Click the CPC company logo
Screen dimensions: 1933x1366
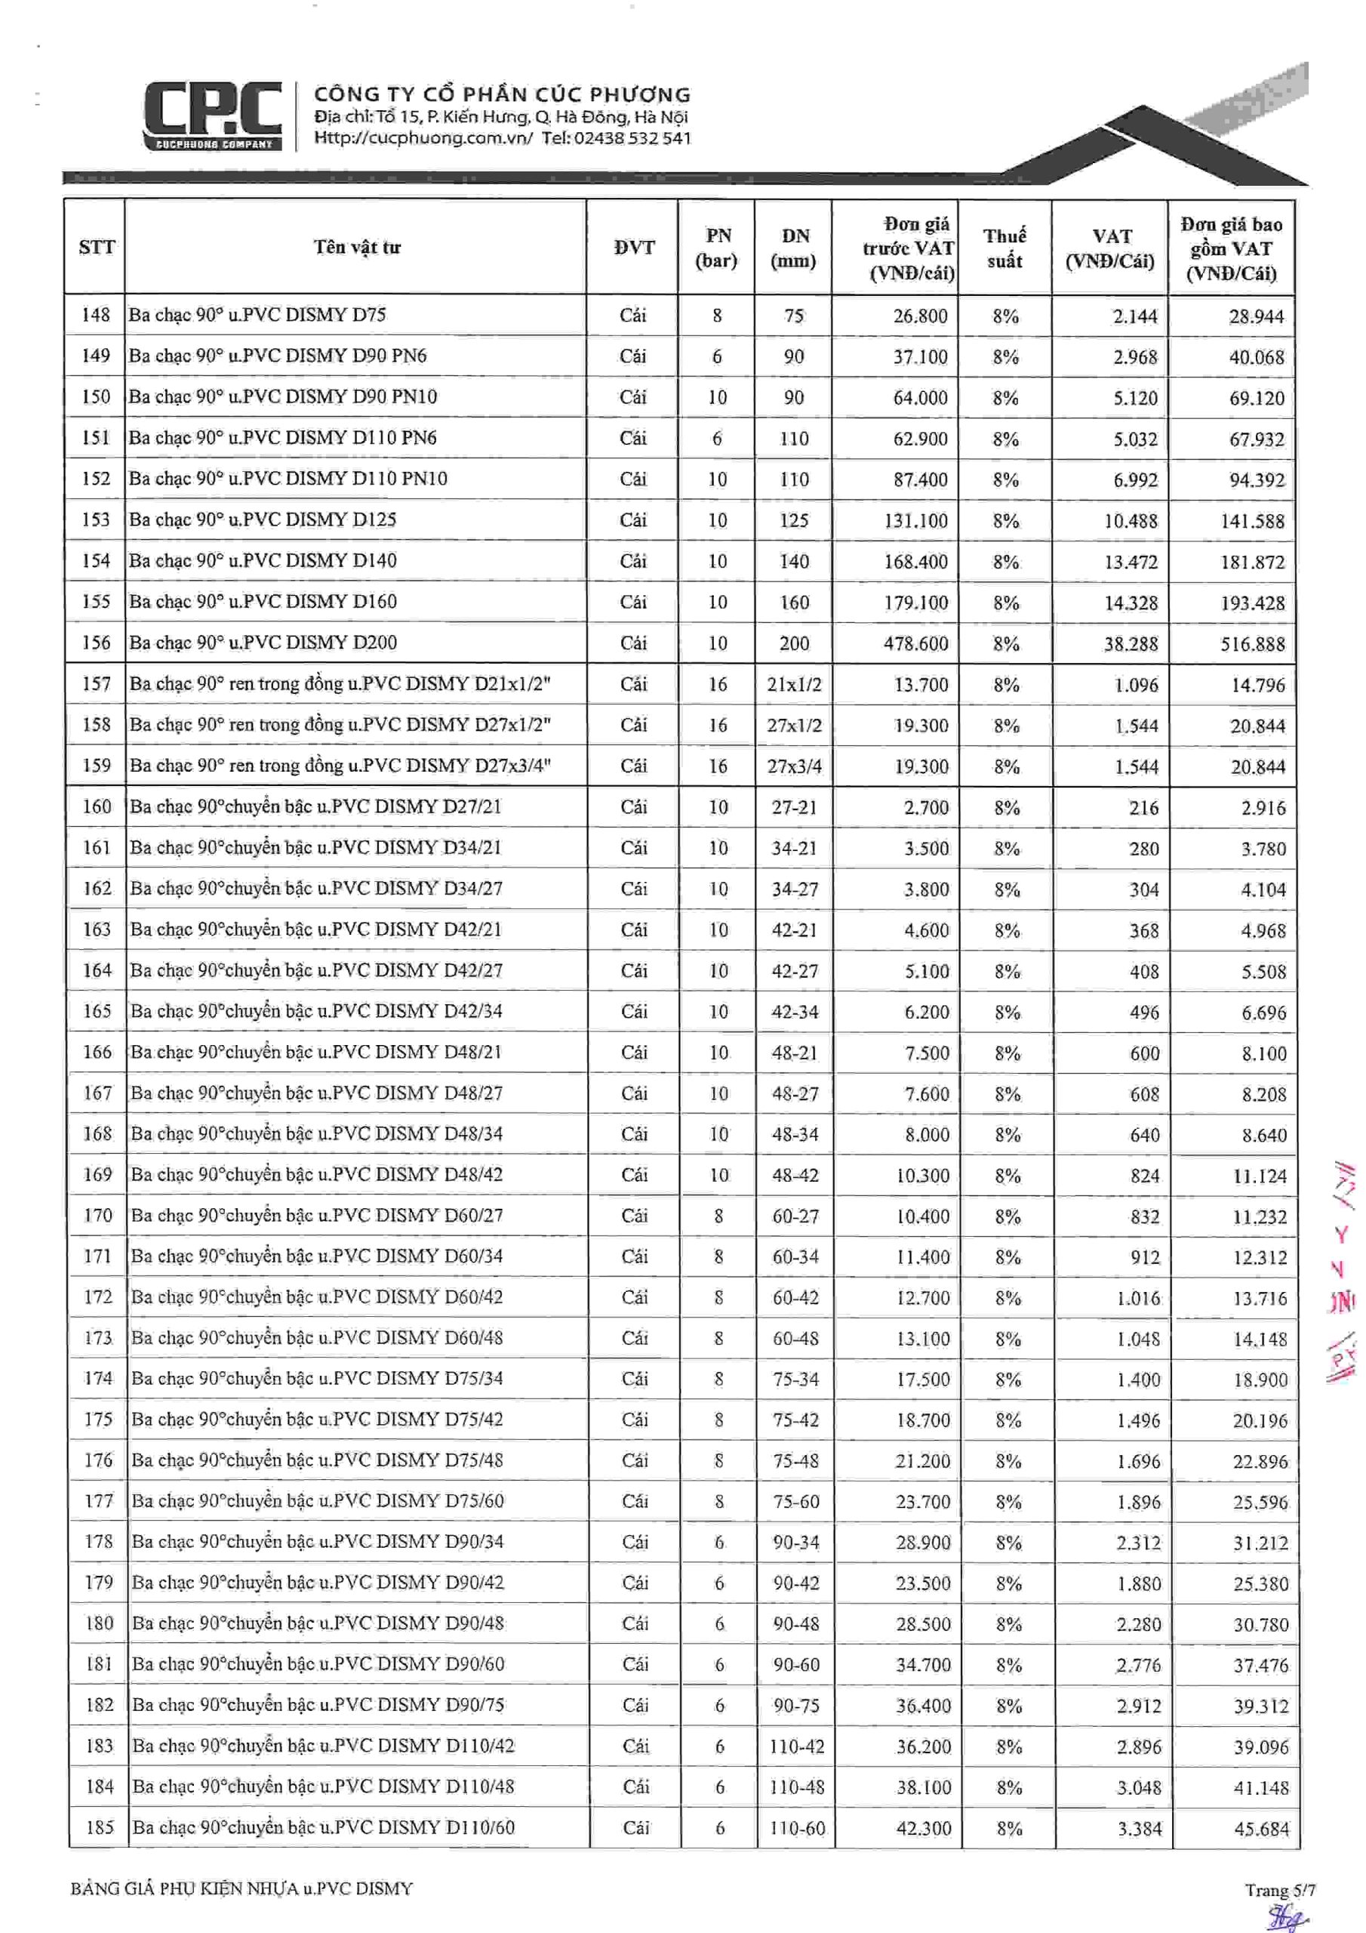[x=212, y=116]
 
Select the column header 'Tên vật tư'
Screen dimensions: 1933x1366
[x=357, y=247]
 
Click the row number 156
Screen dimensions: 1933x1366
[x=96, y=643]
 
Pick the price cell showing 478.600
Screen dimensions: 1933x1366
[x=915, y=644]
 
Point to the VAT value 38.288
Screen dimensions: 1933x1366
[x=1131, y=644]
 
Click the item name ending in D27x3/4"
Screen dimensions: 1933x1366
[x=340, y=766]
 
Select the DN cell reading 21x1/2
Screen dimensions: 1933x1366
[x=794, y=684]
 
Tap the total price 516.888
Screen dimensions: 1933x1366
[x=1252, y=644]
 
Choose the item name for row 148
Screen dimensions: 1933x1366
[x=257, y=315]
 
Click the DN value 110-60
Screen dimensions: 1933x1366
[x=797, y=1828]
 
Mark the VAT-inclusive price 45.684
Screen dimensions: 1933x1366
[x=1261, y=1829]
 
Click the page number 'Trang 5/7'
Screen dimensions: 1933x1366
[x=1280, y=1890]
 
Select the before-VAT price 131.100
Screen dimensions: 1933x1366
[x=915, y=521]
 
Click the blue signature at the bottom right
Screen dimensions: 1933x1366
[x=1288, y=1916]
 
